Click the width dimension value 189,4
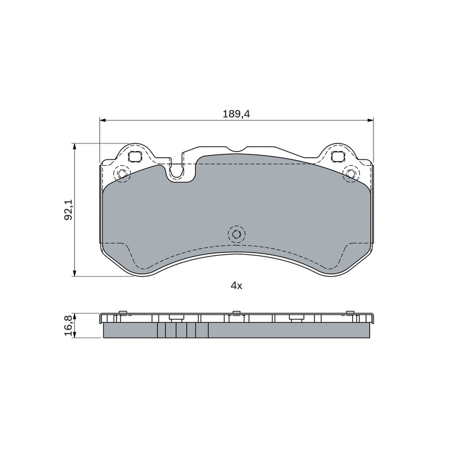click(x=236, y=114)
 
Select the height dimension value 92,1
click(x=68, y=209)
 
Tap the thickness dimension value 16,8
click(x=68, y=326)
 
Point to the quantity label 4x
click(x=236, y=286)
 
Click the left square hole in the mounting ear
click(x=135, y=157)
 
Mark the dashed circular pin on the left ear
click(x=122, y=173)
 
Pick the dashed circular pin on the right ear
click(x=351, y=173)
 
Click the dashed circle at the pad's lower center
click(x=236, y=234)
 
